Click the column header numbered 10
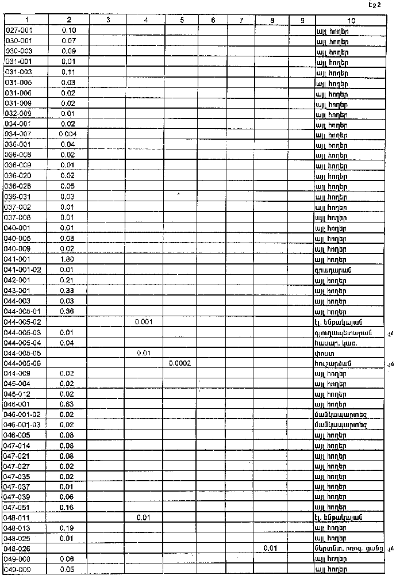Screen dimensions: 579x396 click(351, 20)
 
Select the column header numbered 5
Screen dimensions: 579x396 click(182, 20)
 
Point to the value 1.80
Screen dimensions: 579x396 click(69, 259)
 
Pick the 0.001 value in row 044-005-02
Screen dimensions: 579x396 click(143, 321)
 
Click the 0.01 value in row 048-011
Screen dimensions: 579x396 click(143, 517)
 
